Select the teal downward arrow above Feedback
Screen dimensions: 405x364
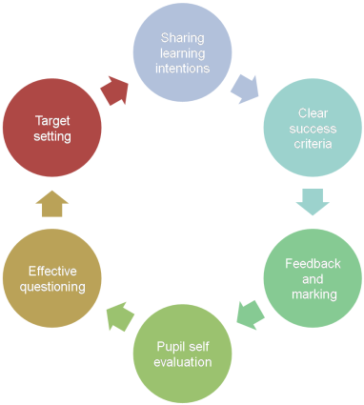pos(312,201)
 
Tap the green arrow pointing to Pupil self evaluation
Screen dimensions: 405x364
pos(251,313)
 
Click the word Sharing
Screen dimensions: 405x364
pos(182,37)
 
